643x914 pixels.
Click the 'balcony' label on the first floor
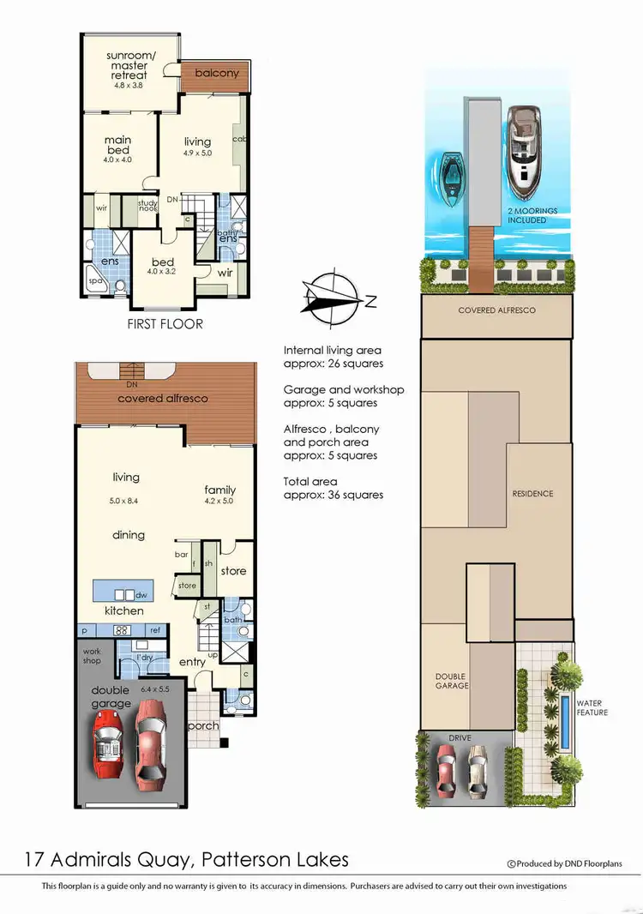tap(216, 73)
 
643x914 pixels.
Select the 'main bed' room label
tap(118, 145)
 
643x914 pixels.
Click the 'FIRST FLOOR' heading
tap(165, 324)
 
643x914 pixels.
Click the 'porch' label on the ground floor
tap(203, 725)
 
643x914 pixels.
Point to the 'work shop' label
tap(92, 656)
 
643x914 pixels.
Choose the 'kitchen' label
tap(124, 610)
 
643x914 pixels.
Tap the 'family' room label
tap(219, 490)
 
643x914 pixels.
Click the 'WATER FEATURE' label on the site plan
tap(592, 708)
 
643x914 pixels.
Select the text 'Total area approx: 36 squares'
tap(334, 489)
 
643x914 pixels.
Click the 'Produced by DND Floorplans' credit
tap(565, 864)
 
